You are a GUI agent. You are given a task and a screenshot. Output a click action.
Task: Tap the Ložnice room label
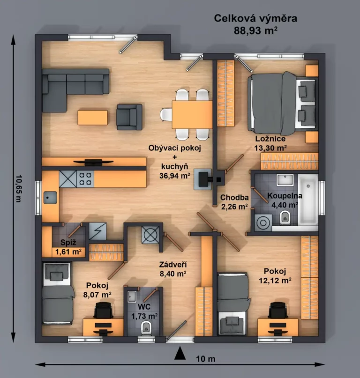tap(270, 139)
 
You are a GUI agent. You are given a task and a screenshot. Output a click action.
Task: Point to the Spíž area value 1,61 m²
tap(68, 252)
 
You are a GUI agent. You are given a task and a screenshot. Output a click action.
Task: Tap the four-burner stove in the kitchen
tap(85, 178)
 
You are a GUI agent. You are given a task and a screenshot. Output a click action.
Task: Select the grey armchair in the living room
tap(129, 116)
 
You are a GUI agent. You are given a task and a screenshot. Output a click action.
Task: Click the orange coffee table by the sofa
tap(92, 117)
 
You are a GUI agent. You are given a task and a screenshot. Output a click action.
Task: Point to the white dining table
tap(192, 115)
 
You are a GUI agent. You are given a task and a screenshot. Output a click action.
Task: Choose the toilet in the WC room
tap(146, 328)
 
